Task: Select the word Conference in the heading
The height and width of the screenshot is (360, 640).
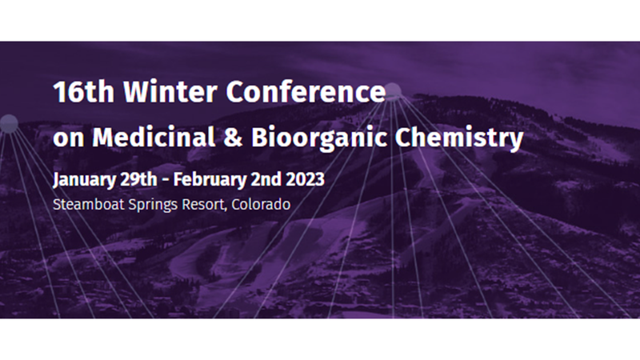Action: point(305,93)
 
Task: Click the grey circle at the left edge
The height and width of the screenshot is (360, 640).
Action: point(8,123)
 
